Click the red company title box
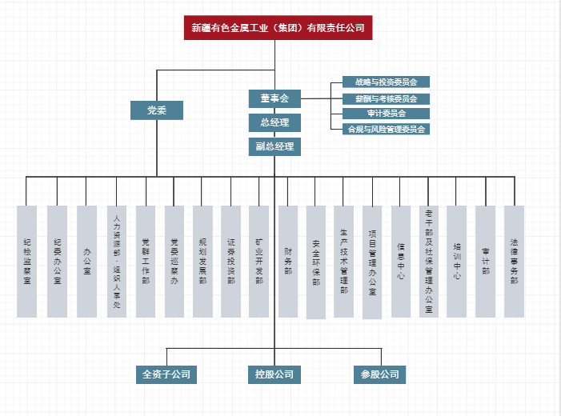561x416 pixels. tap(278, 28)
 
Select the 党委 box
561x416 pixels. tap(157, 110)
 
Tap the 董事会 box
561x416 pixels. tap(274, 98)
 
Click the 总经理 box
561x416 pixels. tap(274, 122)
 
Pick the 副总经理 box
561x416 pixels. tap(274, 146)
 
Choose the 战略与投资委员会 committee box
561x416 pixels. tap(381, 82)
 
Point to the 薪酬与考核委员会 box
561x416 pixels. tap(381, 98)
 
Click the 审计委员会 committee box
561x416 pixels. tap(381, 114)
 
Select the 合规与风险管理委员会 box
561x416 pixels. tap(381, 129)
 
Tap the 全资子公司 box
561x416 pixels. tap(166, 374)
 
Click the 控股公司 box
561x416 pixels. tap(274, 374)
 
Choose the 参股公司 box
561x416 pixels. tap(379, 374)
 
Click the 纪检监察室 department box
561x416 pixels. tap(27, 261)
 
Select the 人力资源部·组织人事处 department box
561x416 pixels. tap(116, 261)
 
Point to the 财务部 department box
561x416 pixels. tap(288, 261)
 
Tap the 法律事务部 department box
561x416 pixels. tap(515, 261)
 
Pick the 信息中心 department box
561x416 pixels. tap(401, 261)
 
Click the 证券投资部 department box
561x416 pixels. tap(230, 261)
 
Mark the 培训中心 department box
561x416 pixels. tap(457, 261)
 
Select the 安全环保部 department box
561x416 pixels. tap(316, 262)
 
